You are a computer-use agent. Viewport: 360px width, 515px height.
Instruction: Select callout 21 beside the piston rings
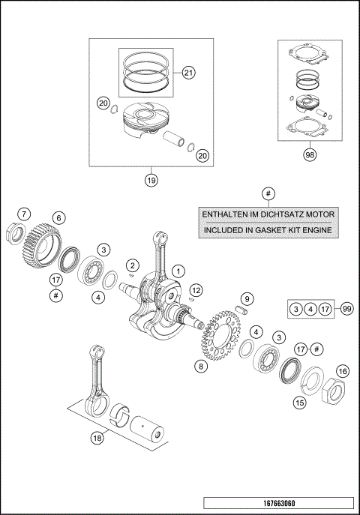pyautogui.click(x=187, y=73)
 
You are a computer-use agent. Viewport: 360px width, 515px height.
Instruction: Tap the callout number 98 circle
pyautogui.click(x=309, y=155)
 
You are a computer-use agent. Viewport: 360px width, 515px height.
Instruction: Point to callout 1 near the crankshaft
pyautogui.click(x=178, y=270)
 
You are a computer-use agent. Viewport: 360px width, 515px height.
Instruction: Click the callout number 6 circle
pyautogui.click(x=58, y=217)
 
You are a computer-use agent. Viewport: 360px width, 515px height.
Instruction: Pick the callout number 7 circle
pyautogui.click(x=24, y=214)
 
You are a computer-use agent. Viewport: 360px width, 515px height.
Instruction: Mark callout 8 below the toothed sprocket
pyautogui.click(x=201, y=366)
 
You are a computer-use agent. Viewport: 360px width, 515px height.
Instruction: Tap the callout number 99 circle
pyautogui.click(x=346, y=308)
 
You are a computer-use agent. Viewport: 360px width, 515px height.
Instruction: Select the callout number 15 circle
pyautogui.click(x=299, y=402)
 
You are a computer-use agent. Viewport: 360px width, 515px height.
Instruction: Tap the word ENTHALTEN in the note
pyautogui.click(x=227, y=214)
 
